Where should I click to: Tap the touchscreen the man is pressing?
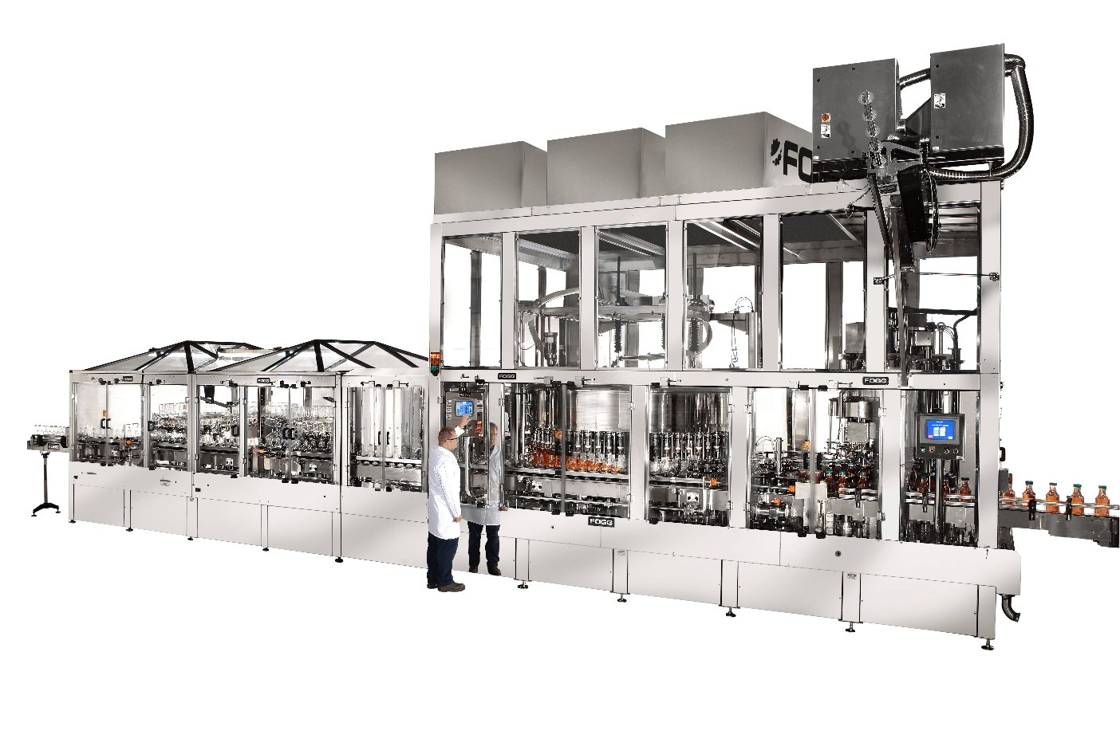click(x=464, y=409)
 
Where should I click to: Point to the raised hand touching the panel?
click(x=464, y=424)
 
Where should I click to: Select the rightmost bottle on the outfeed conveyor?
click(x=1102, y=500)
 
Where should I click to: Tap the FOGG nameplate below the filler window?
click(x=601, y=521)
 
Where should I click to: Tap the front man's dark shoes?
click(x=447, y=587)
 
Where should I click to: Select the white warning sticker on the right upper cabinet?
click(x=940, y=102)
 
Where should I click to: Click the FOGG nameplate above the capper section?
click(x=875, y=381)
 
